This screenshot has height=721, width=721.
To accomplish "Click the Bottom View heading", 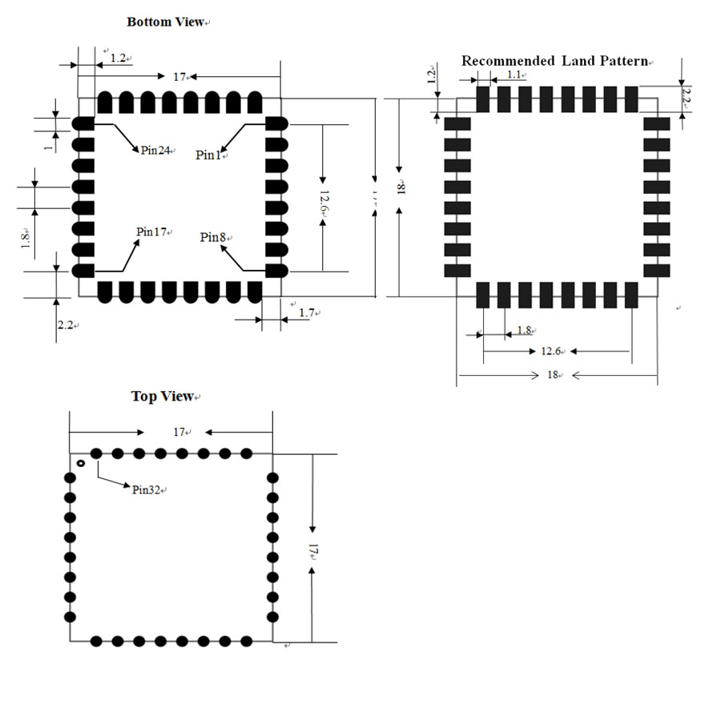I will click(x=165, y=22).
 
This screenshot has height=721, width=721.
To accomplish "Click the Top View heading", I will click(x=163, y=396).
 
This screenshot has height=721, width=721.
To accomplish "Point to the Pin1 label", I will click(x=207, y=155).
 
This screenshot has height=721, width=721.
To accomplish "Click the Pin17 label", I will click(x=151, y=232).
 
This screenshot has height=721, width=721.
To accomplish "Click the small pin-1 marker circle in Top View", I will click(x=81, y=463).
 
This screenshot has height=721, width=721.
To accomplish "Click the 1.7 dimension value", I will click(x=306, y=312).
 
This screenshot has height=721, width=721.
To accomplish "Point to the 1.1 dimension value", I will click(x=514, y=75).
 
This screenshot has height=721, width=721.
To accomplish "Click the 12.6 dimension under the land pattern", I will click(x=550, y=351).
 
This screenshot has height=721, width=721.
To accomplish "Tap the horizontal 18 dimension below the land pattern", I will click(x=551, y=374).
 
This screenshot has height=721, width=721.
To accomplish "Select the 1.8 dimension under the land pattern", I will click(x=524, y=329).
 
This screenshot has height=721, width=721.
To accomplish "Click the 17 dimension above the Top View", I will click(x=180, y=432).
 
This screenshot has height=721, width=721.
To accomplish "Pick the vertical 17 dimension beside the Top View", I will click(x=313, y=553).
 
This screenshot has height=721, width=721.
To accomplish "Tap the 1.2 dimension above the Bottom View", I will click(x=118, y=58).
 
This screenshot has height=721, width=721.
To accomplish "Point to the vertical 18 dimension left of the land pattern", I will click(x=401, y=187).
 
